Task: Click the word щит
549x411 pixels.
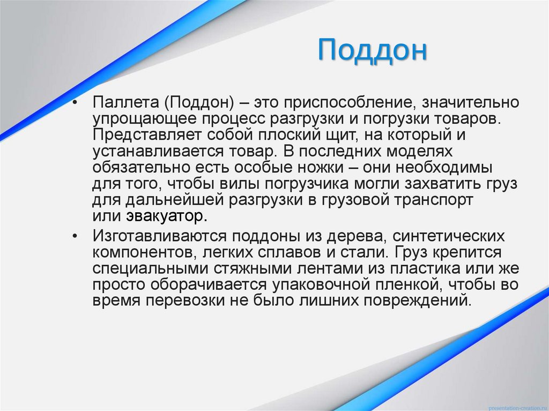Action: [x=336, y=134]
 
